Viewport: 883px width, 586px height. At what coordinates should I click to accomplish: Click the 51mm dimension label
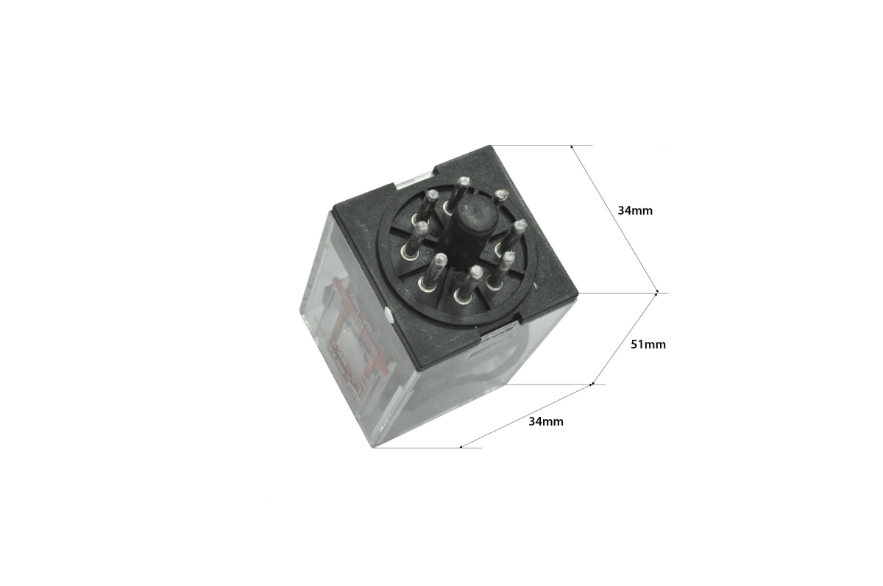pos(648,345)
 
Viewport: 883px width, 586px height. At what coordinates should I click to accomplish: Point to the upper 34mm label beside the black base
pos(635,211)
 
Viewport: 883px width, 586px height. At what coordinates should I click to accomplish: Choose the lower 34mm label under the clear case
pos(546,422)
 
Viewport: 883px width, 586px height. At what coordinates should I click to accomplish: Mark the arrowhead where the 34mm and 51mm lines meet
pos(656,293)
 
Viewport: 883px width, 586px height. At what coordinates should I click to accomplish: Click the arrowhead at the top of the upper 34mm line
pos(572,147)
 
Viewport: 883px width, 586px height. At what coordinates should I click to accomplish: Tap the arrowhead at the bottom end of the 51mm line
pos(592,384)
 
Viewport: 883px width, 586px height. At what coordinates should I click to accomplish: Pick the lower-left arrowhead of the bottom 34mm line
pos(461,446)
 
